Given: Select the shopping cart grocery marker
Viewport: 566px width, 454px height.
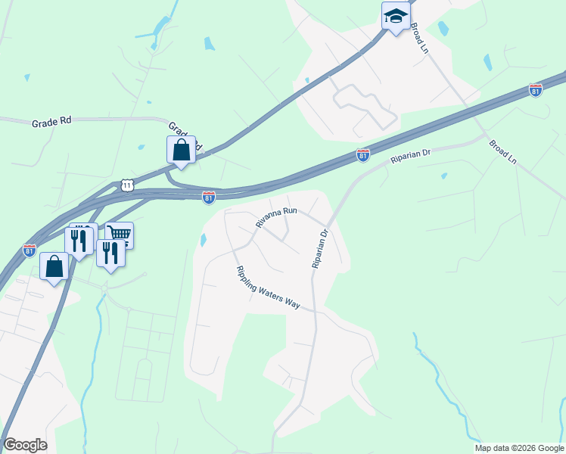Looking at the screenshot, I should click(x=120, y=235).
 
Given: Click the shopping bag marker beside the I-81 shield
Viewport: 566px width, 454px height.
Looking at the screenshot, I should click(x=54, y=266).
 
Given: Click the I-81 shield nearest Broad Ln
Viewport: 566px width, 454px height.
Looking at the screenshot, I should click(x=536, y=90).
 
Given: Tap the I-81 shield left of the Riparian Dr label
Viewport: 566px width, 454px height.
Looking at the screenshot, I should click(x=363, y=155).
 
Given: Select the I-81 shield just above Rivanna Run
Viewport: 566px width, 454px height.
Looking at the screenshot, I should click(x=209, y=197).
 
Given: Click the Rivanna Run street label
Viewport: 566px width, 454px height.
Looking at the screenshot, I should click(x=277, y=217).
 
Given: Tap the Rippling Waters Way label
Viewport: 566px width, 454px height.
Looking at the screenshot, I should click(x=268, y=288).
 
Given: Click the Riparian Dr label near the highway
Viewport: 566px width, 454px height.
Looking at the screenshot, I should click(x=410, y=157).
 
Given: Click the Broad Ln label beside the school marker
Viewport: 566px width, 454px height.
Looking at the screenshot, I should click(x=418, y=36).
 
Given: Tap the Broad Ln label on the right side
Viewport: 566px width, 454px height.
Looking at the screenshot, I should click(x=502, y=151).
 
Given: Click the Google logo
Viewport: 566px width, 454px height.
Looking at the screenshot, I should click(x=25, y=445).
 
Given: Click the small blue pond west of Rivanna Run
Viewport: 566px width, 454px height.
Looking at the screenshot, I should click(x=203, y=241).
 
